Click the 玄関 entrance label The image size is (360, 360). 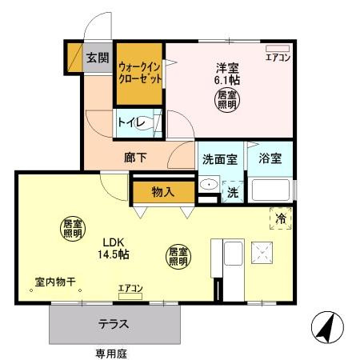pos(98,57)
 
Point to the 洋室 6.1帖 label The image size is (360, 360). pos(226,74)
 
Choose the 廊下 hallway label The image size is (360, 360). pos(135,157)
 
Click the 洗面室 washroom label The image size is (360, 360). pos(218,158)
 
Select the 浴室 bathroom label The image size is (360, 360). pos(270,158)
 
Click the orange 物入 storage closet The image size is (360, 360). pos(163,192)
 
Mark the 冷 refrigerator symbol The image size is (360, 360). pos(281,218)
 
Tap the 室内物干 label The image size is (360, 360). pos(55,282)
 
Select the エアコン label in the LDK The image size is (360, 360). pos(130,288)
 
